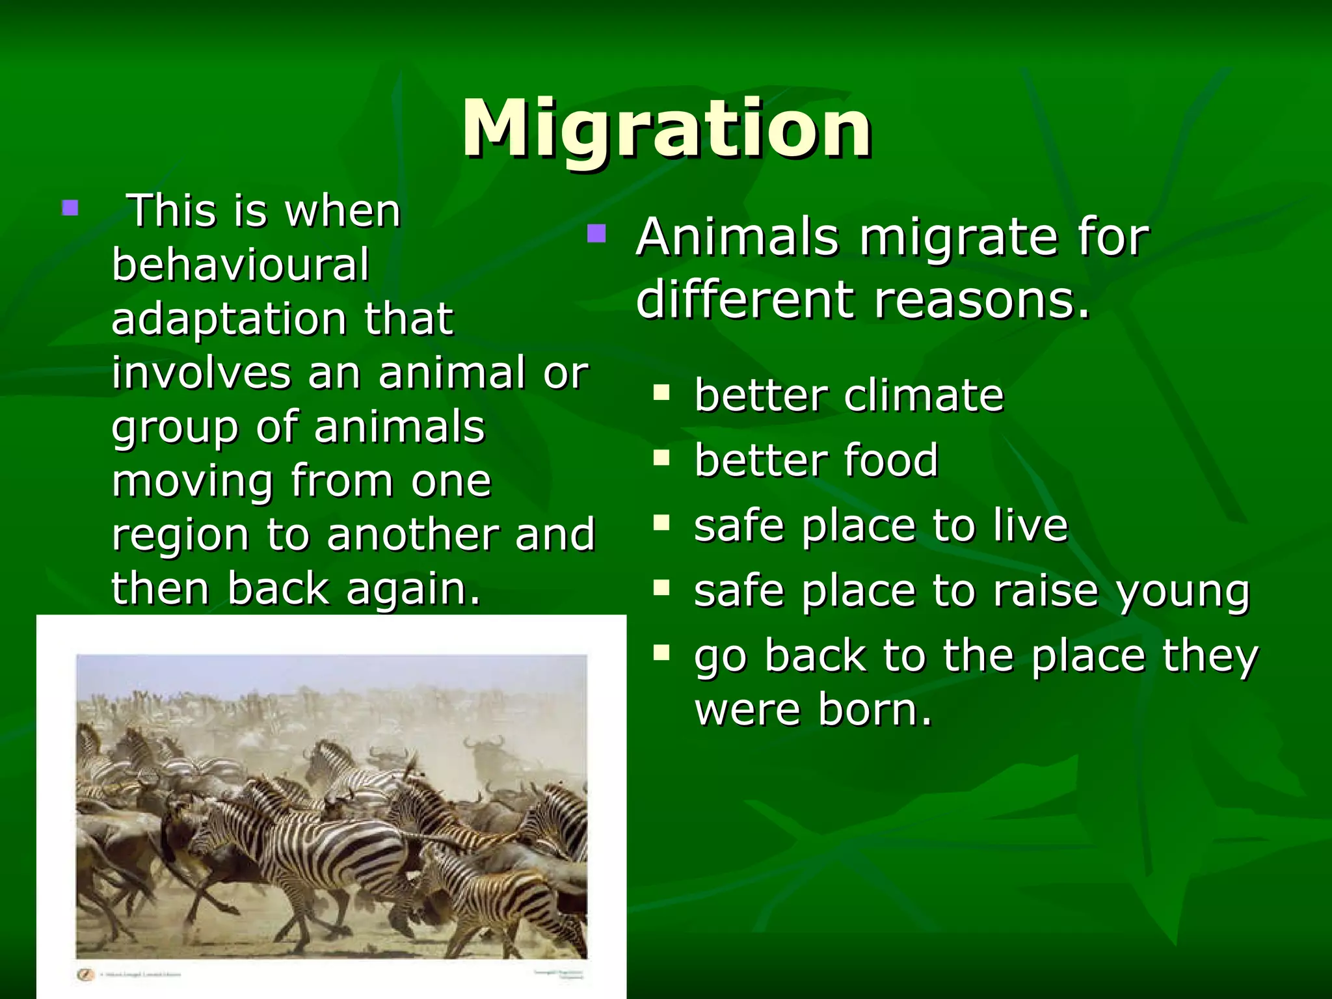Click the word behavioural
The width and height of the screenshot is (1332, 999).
[x=241, y=265]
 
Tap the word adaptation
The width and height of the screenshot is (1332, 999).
[x=228, y=319]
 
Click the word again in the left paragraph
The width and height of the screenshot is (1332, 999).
[x=413, y=589]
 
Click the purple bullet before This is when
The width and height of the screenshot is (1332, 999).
[x=70, y=208]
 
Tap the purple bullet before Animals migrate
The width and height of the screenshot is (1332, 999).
[x=596, y=233]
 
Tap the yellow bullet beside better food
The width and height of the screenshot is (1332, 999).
[x=661, y=457]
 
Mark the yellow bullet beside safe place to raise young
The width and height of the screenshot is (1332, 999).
[x=661, y=587]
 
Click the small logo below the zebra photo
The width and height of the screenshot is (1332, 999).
[x=85, y=974]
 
